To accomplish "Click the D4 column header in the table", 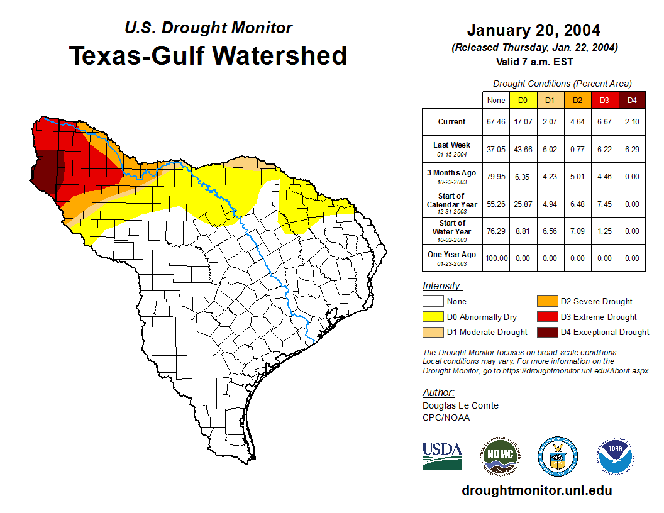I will (632, 101).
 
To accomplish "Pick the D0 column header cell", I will (523, 101).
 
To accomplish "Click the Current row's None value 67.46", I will (496, 122).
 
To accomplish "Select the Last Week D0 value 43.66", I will (523, 149).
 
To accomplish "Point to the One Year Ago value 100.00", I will (496, 258).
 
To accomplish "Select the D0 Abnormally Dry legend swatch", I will (433, 317).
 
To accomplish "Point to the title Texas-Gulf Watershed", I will (207, 56).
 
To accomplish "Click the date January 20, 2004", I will (533, 30).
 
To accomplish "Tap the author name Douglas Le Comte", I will (460, 405).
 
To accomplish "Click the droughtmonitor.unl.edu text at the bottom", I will (536, 490).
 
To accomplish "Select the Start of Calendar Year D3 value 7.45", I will (605, 204).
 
